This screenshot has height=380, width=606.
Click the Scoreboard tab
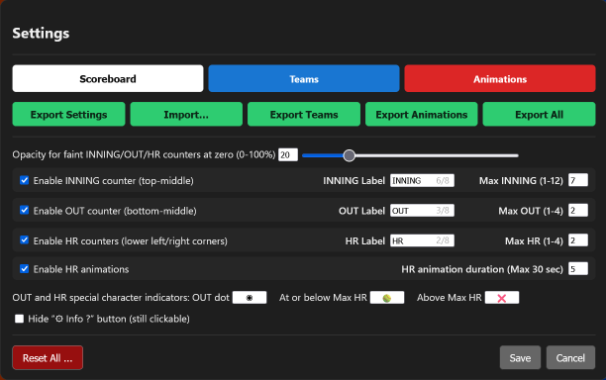[x=108, y=78]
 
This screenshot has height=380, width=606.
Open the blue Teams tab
[x=304, y=78]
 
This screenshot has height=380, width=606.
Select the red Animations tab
[x=500, y=78]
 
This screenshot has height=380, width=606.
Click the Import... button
[x=186, y=115]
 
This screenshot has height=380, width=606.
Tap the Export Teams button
[x=304, y=115]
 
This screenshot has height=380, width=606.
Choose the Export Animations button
[x=422, y=115]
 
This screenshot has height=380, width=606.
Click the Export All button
[x=539, y=115]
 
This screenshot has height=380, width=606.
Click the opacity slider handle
[x=349, y=154]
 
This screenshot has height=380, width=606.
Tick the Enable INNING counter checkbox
[x=24, y=181]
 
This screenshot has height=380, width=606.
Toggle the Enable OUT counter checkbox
[x=24, y=210]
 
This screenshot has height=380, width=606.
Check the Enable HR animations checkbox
[x=24, y=268]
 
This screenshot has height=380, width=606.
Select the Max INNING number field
[x=578, y=181]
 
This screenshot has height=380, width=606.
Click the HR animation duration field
[x=578, y=268]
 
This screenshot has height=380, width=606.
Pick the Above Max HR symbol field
[x=502, y=297]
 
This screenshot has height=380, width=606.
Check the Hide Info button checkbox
[x=20, y=319]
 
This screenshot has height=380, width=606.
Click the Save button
[x=520, y=357]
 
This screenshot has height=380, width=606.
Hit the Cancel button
[x=571, y=357]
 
